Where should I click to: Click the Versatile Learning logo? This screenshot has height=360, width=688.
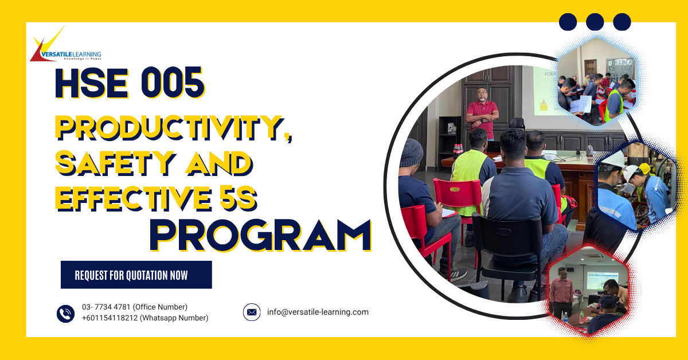[x=64, y=46]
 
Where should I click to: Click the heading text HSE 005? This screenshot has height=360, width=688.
[x=130, y=83]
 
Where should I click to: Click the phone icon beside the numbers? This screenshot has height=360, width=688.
[x=66, y=313]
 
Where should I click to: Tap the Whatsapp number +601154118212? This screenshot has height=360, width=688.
[x=144, y=318]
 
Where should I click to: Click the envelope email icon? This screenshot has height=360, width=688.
[x=252, y=312]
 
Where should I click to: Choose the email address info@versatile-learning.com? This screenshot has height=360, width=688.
[x=318, y=312]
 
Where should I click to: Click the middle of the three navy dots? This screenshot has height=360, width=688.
[x=595, y=22]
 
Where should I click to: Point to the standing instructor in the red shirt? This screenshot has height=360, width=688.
[x=482, y=112]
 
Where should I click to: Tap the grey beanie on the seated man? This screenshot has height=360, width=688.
[x=411, y=152]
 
